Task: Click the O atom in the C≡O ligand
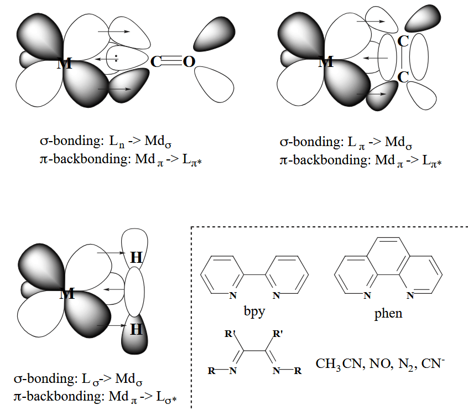(x=189, y=61)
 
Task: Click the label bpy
(x=255, y=311)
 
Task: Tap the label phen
(x=388, y=314)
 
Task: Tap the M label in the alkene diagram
(x=326, y=61)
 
